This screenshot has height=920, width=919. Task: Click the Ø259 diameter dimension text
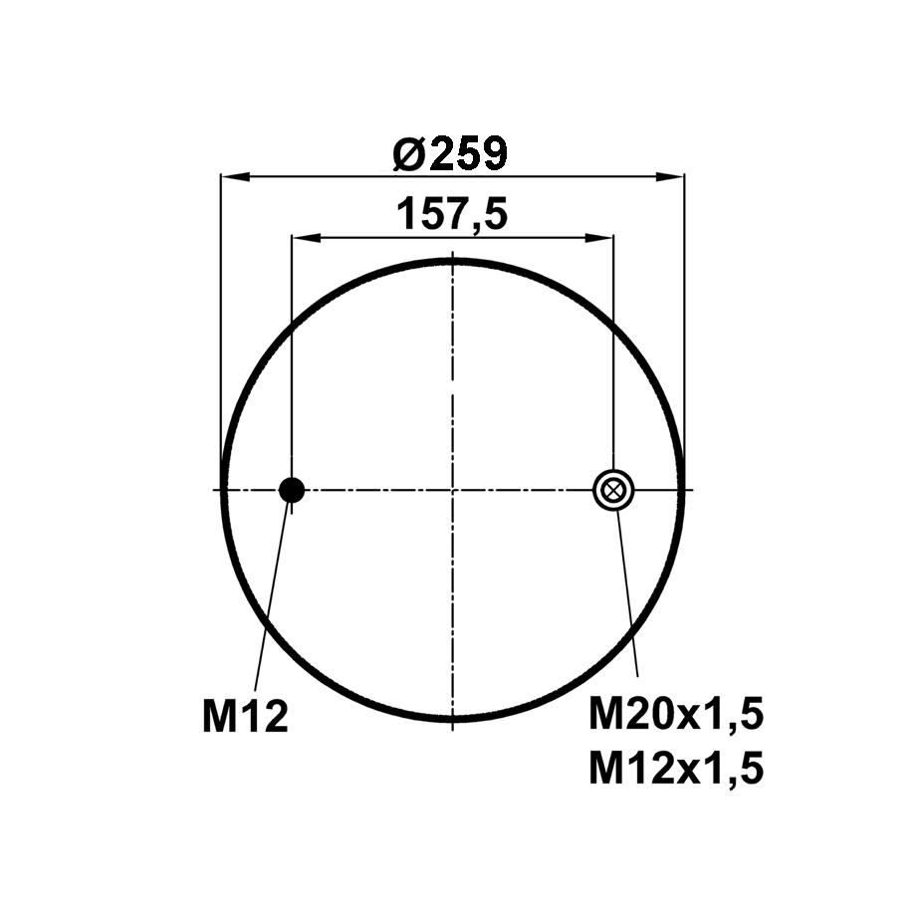click(x=449, y=153)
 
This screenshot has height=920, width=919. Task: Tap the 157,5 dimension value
click(x=452, y=215)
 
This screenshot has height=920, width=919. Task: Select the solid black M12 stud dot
click(x=292, y=490)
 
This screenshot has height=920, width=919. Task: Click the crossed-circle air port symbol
click(x=613, y=490)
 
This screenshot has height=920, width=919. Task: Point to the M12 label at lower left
click(x=245, y=716)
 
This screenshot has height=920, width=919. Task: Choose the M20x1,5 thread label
click(x=676, y=715)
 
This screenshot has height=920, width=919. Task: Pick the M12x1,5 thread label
click(x=676, y=769)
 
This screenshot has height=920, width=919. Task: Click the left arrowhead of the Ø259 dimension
click(x=235, y=176)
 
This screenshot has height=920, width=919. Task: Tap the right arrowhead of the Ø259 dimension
click(x=670, y=176)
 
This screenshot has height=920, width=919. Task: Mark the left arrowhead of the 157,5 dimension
click(x=307, y=238)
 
